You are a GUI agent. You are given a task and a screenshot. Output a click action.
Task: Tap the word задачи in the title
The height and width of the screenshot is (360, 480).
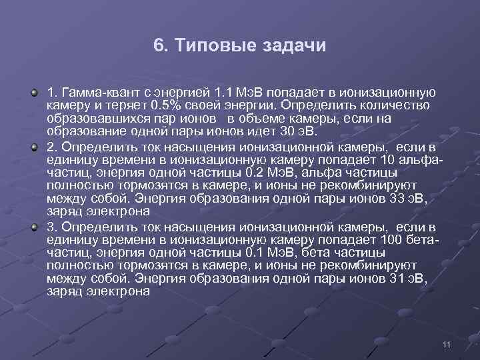(x=293, y=46)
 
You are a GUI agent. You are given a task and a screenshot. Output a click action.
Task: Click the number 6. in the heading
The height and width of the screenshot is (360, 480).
(x=161, y=46)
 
